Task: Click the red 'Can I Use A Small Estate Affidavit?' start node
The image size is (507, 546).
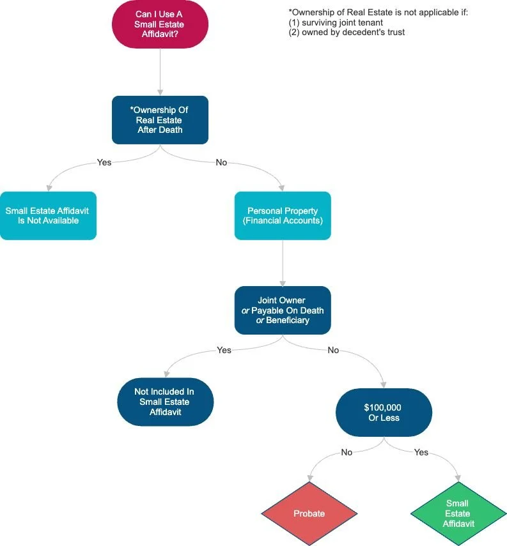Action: (160, 24)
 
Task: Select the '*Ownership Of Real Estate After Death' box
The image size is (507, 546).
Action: (160, 120)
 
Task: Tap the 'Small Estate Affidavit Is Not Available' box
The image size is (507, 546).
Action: (48, 216)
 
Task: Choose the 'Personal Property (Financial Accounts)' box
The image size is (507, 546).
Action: (283, 216)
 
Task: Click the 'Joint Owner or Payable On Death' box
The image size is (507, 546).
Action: (283, 310)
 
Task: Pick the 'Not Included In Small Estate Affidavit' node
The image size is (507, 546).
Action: (166, 402)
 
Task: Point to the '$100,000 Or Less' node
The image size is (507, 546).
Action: (384, 413)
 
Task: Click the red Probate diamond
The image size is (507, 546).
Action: (309, 513)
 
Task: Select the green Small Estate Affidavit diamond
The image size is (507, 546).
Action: (458, 513)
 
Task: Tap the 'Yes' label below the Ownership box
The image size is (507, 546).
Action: (104, 162)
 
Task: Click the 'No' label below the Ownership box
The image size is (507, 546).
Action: (221, 162)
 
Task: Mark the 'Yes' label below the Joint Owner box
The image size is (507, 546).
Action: (224, 350)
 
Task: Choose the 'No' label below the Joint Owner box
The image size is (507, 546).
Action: (333, 350)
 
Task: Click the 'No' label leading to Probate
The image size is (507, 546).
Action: (347, 452)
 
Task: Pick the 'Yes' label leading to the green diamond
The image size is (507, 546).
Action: (421, 452)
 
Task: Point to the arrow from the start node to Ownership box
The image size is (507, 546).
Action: (160, 72)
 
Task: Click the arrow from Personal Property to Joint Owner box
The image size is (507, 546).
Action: (283, 263)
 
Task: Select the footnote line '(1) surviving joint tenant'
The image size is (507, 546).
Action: (336, 22)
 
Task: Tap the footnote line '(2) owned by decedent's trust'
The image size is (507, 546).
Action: (347, 33)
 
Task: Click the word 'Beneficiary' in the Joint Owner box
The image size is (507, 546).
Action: (288, 321)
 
